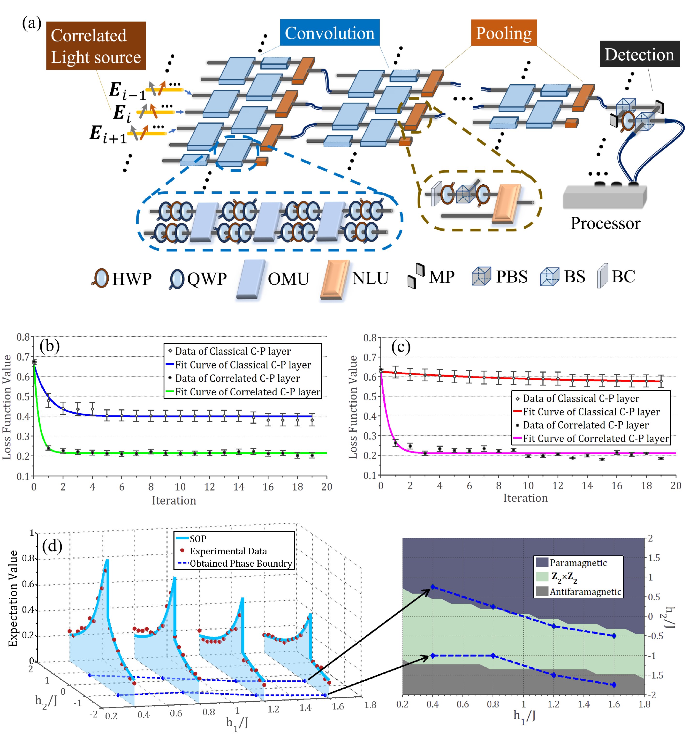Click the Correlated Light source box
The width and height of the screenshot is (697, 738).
click(96, 46)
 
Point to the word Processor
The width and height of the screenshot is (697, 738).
click(605, 223)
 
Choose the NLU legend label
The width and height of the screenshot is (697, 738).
click(371, 278)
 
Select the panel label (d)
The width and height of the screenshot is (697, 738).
click(52, 546)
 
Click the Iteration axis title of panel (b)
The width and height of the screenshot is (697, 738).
click(174, 501)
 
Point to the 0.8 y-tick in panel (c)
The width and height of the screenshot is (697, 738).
click(370, 338)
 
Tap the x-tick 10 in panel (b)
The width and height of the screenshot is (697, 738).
click(180, 487)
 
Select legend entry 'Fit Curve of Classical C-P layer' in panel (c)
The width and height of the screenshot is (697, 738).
click(591, 412)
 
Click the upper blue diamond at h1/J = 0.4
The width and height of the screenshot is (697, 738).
click(432, 587)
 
